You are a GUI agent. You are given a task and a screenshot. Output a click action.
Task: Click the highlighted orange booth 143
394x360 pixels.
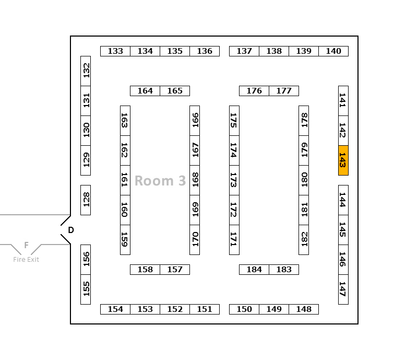click(x=343, y=160)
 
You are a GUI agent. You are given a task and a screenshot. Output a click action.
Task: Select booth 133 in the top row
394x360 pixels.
click(x=115, y=51)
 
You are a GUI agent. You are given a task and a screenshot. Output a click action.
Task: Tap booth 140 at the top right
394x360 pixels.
click(x=333, y=51)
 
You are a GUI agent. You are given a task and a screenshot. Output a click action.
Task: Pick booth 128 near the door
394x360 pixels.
click(x=86, y=200)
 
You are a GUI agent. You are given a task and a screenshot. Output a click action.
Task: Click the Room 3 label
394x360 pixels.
click(x=160, y=181)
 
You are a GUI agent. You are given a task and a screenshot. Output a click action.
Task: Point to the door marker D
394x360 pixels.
click(x=71, y=230)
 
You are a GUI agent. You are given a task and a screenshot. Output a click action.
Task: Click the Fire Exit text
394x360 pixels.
click(x=26, y=260)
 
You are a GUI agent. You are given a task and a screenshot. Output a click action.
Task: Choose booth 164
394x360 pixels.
click(x=145, y=91)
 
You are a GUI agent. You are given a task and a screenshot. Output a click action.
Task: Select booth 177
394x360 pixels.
click(x=284, y=91)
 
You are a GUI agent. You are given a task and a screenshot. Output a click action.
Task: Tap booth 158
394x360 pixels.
click(x=145, y=270)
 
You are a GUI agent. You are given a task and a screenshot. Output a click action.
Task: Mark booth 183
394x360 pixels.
click(x=284, y=270)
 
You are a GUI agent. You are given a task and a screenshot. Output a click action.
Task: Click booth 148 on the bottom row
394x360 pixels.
click(x=304, y=309)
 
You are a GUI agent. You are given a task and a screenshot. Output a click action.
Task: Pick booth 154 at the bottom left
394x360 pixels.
click(x=115, y=309)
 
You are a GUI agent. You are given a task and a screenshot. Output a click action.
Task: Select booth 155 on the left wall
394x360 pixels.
click(x=86, y=289)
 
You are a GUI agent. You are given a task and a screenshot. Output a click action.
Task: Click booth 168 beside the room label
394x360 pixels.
click(x=195, y=180)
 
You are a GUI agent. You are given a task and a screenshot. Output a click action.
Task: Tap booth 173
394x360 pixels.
click(x=234, y=180)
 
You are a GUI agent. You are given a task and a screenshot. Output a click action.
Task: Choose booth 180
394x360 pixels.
click(x=304, y=180)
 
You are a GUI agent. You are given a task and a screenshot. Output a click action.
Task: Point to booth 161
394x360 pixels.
click(x=125, y=180)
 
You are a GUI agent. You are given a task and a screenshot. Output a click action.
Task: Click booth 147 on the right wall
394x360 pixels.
click(x=343, y=289)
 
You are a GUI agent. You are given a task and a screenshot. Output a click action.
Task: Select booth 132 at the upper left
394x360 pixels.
click(x=86, y=71)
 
